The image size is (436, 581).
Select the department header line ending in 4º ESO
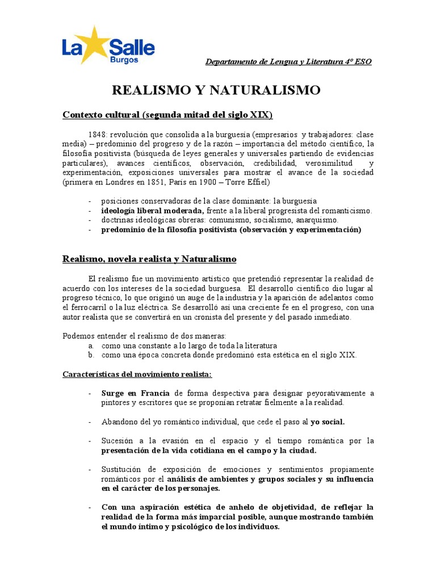pyautogui.click(x=288, y=61)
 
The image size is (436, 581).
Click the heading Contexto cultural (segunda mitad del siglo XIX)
pyautogui.click(x=167, y=115)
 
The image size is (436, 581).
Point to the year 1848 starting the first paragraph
pyautogui.click(x=98, y=134)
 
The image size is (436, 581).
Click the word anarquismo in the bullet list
pyautogui.click(x=317, y=220)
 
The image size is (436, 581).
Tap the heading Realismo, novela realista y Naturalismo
pyautogui.click(x=149, y=259)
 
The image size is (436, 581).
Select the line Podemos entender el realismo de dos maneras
pyautogui.click(x=144, y=336)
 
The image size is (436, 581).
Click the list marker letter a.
pyautogui.click(x=90, y=346)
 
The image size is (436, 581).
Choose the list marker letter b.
pyautogui.click(x=90, y=355)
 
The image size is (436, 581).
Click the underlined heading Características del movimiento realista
pyautogui.click(x=137, y=374)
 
